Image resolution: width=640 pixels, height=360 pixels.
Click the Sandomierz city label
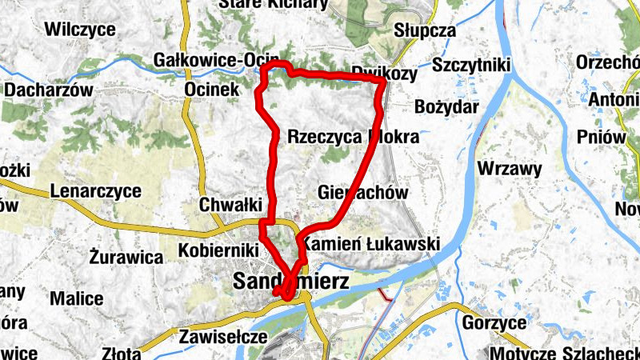[291, 281]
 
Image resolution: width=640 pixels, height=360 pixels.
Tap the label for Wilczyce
[81, 30]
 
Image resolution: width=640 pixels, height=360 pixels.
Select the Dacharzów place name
[49, 90]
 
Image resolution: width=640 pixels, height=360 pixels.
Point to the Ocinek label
[211, 90]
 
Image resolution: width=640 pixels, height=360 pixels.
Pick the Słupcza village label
[425, 31]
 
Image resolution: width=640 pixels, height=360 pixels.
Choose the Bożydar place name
[447, 106]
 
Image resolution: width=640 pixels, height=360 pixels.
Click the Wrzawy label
[510, 169]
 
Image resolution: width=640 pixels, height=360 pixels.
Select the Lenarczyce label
[95, 191]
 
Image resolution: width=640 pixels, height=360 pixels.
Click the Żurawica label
[126, 258]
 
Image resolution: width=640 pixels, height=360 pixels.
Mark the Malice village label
[77, 298]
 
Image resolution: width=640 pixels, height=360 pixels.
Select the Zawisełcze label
[222, 337]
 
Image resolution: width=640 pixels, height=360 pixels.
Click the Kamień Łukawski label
[371, 243]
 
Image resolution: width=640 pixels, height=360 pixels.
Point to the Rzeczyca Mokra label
[353, 137]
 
